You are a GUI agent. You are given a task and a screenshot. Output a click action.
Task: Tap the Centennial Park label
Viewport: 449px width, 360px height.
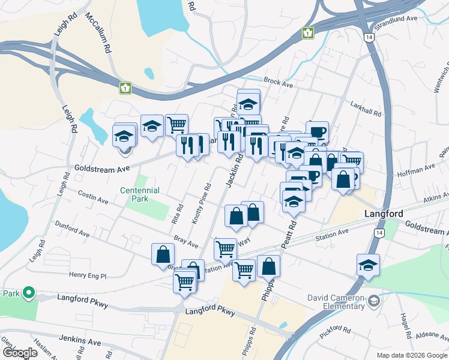(x=139, y=194)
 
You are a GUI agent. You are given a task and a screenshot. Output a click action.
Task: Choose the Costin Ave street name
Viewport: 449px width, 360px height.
(x=94, y=196)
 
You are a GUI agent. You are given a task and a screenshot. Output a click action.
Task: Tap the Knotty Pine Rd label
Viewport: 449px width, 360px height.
(x=201, y=203)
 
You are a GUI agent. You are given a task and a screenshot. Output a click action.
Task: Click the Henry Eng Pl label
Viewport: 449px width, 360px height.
(x=87, y=275)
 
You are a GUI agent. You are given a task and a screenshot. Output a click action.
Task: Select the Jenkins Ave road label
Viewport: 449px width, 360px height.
(x=80, y=340)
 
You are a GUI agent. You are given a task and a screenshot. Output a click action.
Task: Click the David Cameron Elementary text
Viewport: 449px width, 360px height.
(x=336, y=302)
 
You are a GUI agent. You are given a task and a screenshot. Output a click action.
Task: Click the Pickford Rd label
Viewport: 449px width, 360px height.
(x=335, y=331)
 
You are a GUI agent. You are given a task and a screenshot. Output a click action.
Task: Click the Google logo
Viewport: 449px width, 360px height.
(x=19, y=352)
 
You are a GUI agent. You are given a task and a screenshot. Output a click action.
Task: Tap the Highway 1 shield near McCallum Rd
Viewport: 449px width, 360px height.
(x=125, y=88)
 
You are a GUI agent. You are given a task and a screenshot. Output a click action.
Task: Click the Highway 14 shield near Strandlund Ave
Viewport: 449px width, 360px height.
(x=369, y=37)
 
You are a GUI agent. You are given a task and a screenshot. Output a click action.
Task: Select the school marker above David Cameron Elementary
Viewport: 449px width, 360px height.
(x=368, y=265)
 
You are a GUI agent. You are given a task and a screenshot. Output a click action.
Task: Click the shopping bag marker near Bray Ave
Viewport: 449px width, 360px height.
(x=163, y=254)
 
